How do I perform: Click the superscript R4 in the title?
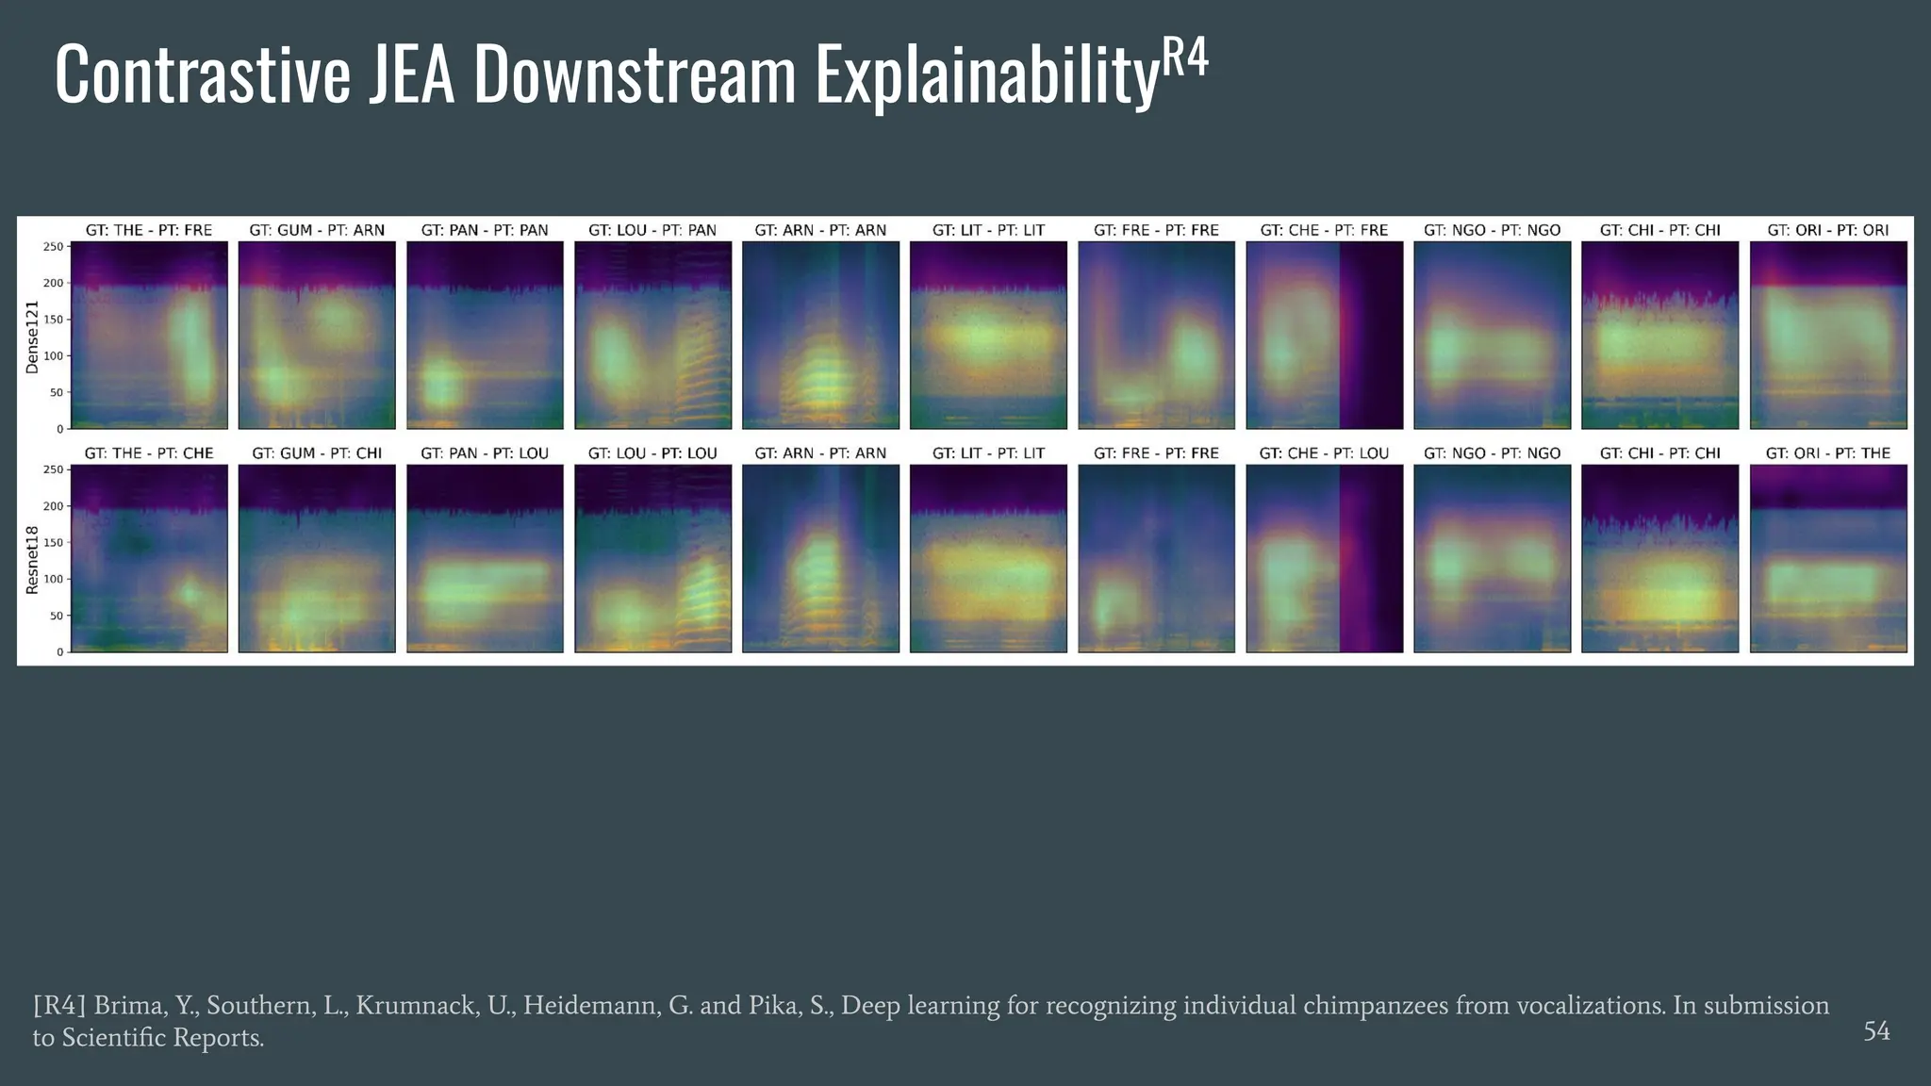(x=1183, y=58)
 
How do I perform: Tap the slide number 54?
(x=1876, y=1031)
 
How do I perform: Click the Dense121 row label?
(x=32, y=337)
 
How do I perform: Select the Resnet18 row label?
(x=32, y=560)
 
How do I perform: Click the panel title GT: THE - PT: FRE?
(x=149, y=230)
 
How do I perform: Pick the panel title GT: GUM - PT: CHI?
(x=317, y=453)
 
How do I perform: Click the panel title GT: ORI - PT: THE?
(x=1828, y=453)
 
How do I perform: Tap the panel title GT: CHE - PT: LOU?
(x=1324, y=453)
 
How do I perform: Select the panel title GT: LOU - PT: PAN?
(x=652, y=230)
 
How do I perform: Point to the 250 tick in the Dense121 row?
(x=54, y=247)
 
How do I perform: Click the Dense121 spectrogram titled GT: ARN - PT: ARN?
(x=820, y=335)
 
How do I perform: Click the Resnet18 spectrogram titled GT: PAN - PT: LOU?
(x=485, y=558)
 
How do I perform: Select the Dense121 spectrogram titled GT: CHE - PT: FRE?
(x=1324, y=335)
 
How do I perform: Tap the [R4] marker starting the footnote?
(x=59, y=1006)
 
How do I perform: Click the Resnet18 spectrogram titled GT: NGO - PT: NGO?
(x=1492, y=558)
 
